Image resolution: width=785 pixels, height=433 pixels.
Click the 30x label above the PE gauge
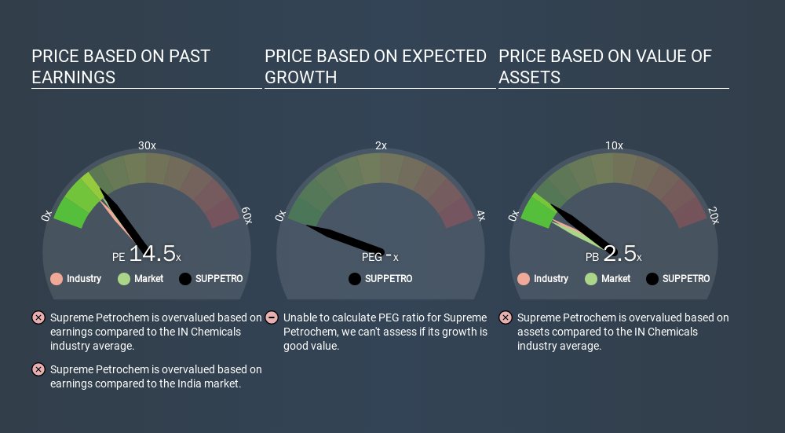click(x=148, y=145)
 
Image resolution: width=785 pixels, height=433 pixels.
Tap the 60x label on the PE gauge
click(x=246, y=215)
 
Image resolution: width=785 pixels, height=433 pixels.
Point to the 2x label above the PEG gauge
click(x=381, y=145)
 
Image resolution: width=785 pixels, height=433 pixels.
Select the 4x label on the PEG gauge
click(x=480, y=216)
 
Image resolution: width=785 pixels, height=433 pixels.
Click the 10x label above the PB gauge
click(x=615, y=145)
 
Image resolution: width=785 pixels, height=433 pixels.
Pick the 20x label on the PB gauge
click(x=714, y=215)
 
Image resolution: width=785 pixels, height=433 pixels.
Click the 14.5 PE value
click(x=152, y=254)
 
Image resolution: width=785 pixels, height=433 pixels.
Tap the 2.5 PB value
click(x=619, y=254)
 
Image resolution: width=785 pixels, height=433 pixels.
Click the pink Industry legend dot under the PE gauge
click(x=57, y=279)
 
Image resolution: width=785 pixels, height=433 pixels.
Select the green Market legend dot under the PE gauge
click(x=124, y=279)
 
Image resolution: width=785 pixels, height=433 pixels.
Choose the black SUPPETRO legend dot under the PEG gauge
click(x=355, y=279)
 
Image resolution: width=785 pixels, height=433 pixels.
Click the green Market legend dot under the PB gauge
click(x=591, y=279)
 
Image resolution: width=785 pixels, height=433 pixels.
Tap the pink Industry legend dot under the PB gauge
click(x=524, y=279)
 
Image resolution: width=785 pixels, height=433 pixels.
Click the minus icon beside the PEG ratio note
click(x=272, y=317)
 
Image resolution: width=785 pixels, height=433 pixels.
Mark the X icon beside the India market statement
click(x=38, y=369)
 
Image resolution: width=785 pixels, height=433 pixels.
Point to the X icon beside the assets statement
click(x=506, y=317)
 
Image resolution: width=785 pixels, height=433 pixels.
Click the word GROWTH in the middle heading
click(x=301, y=78)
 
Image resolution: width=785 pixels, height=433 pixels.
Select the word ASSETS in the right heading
click(x=529, y=78)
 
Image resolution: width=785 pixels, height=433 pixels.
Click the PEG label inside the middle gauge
click(x=372, y=258)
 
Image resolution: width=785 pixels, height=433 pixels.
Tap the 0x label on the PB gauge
click(x=513, y=216)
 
